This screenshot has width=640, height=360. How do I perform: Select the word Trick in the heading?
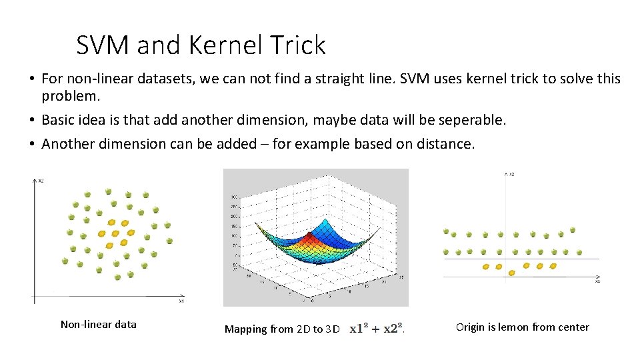click(298, 45)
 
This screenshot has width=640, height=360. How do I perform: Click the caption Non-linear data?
click(98, 325)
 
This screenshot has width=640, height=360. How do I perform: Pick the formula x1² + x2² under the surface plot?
click(376, 328)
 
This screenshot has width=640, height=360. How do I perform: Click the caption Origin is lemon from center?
click(522, 327)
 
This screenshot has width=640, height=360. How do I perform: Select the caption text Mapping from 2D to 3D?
click(283, 329)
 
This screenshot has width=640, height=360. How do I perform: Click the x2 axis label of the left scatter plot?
click(40, 181)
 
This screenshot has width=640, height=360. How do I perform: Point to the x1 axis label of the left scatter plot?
click(181, 301)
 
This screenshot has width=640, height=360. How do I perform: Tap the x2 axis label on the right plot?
click(511, 175)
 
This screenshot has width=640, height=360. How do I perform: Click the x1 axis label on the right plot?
click(597, 281)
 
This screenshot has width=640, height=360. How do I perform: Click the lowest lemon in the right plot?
click(511, 273)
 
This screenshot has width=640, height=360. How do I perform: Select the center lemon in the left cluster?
click(116, 233)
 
